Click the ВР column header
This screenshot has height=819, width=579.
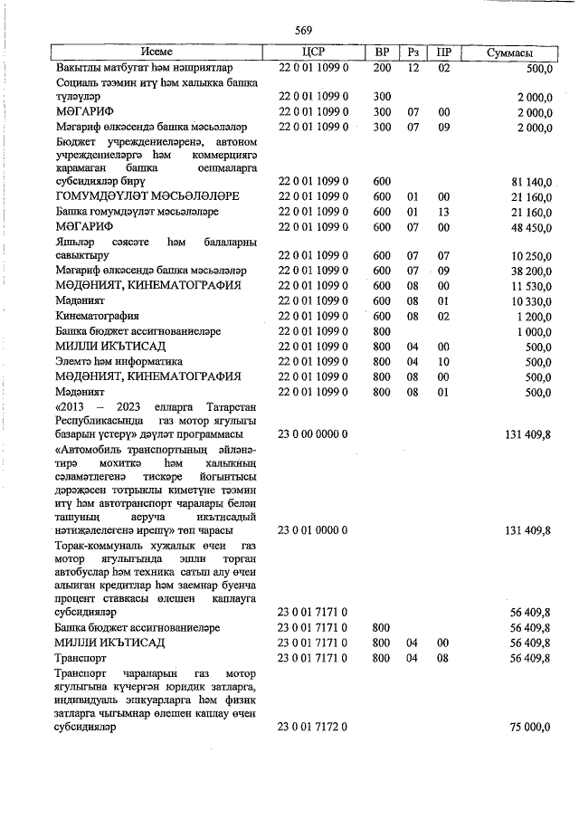point(382,52)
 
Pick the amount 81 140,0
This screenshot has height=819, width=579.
point(530,182)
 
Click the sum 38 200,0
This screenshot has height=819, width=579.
point(530,271)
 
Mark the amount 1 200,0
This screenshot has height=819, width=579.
point(533,316)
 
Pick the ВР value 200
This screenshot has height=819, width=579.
point(382,68)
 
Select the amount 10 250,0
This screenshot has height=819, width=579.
point(530,256)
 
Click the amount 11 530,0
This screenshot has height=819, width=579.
point(530,286)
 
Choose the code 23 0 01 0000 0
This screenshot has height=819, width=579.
point(313,530)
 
